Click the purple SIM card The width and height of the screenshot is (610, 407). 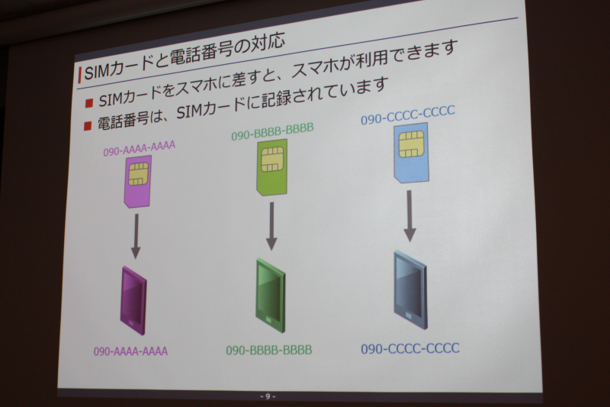138,181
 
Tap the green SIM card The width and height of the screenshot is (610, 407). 272,166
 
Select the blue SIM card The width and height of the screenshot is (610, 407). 412,152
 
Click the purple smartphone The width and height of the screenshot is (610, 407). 133,300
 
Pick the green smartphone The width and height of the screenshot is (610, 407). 271,296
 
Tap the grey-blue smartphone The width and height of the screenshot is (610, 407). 410,290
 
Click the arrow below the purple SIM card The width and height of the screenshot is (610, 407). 136,236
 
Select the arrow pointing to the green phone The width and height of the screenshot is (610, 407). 271,226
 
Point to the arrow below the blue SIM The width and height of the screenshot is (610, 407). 409,216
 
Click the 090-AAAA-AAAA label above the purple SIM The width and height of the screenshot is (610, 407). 140,149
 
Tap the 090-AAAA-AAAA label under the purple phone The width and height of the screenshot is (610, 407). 130,351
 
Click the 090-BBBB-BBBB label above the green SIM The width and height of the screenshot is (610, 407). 272,131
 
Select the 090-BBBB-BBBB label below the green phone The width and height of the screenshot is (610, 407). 269,350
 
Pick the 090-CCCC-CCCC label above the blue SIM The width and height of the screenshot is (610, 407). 408,115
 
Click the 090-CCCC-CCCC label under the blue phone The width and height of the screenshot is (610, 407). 410,347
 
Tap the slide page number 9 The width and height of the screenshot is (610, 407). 268,396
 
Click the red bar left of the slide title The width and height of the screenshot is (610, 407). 80,75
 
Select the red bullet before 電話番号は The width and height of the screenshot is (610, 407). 88,125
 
